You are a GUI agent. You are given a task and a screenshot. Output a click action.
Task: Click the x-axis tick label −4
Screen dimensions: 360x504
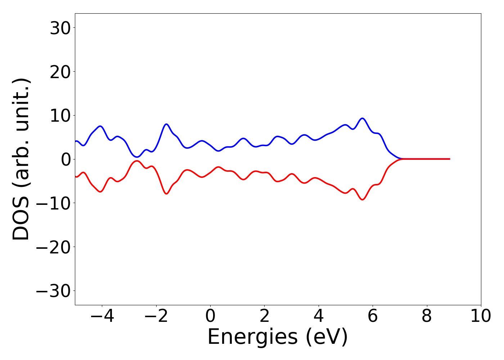click(102, 316)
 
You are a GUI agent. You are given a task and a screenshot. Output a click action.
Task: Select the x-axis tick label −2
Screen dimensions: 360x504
click(156, 316)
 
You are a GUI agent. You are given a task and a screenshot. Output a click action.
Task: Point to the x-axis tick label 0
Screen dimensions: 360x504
click(210, 316)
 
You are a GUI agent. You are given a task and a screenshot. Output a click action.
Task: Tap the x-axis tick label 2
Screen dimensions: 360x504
click(264, 316)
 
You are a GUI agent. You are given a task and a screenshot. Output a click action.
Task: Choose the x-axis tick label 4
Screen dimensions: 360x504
click(319, 316)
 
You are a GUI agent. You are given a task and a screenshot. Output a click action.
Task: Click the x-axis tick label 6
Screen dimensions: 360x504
click(373, 316)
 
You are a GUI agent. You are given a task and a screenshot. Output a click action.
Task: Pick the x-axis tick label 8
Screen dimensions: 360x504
click(427, 316)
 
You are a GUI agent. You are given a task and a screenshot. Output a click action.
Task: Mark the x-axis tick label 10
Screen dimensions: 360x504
click(481, 316)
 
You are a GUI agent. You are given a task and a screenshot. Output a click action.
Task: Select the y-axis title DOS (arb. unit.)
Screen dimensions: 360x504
click(22, 159)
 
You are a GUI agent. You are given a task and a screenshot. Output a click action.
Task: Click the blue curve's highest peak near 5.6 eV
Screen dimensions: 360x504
click(363, 118)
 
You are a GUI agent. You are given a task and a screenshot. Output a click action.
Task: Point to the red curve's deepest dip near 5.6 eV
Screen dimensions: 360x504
click(363, 199)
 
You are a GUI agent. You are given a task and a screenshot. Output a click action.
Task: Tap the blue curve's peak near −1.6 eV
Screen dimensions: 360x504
click(166, 124)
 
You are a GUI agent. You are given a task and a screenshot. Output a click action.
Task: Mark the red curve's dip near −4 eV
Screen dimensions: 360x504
click(100, 192)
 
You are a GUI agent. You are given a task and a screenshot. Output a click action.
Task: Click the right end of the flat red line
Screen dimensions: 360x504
click(449, 159)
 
